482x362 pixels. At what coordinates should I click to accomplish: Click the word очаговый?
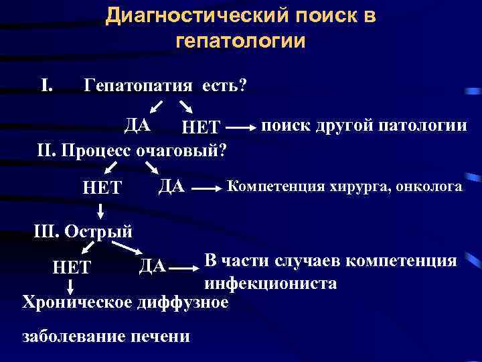point(181,148)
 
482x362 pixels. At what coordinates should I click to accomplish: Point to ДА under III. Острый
point(152,266)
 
